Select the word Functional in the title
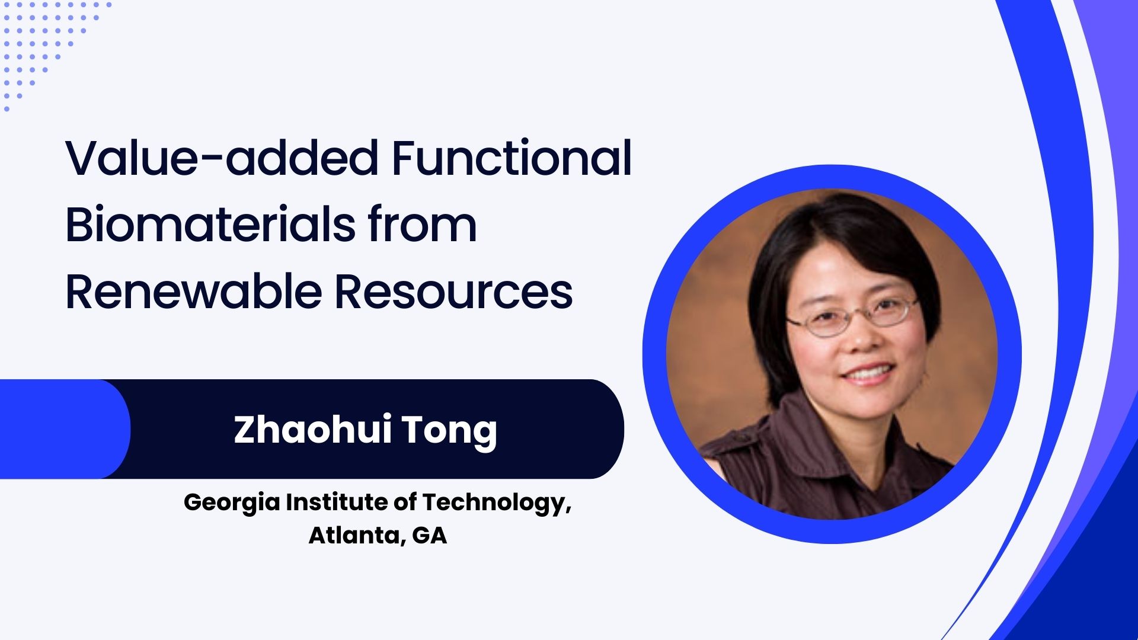click(512, 158)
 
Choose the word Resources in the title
click(454, 293)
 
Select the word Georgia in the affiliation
click(232, 503)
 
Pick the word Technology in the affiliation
click(497, 503)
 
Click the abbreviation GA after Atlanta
click(429, 535)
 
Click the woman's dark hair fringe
click(842, 249)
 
